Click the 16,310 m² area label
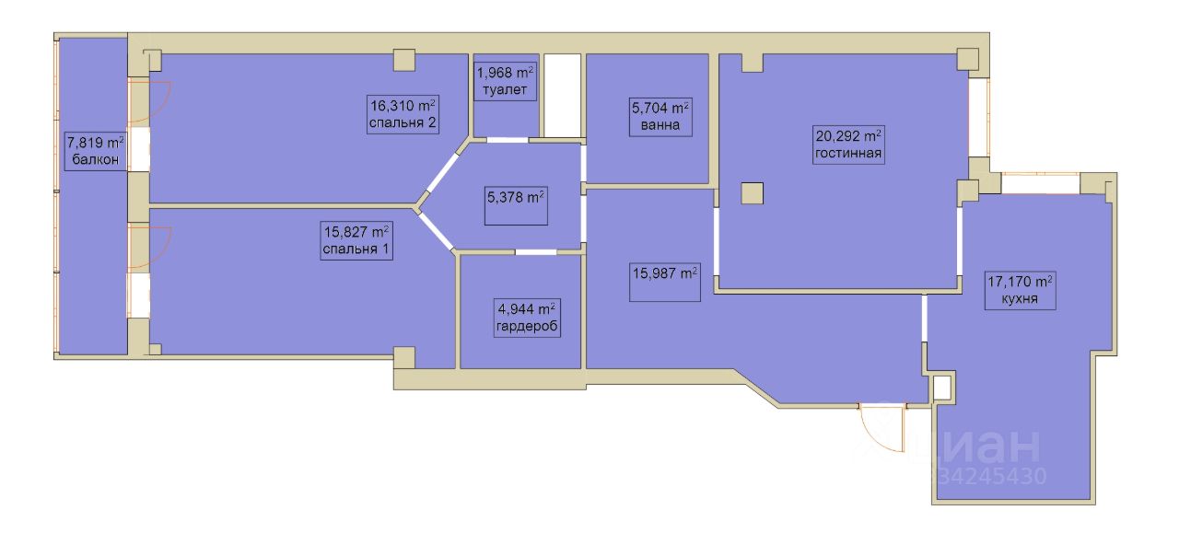click(x=403, y=106)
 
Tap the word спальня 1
click(x=356, y=249)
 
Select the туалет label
click(x=505, y=90)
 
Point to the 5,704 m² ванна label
click(x=660, y=117)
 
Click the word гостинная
click(x=848, y=154)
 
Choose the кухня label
click(x=1020, y=299)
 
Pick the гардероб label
click(x=527, y=326)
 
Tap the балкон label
click(x=96, y=160)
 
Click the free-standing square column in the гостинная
click(x=753, y=192)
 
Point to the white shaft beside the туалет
click(x=562, y=95)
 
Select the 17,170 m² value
click(x=1020, y=282)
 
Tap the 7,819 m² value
click(x=96, y=143)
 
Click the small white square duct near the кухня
click(x=942, y=388)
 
